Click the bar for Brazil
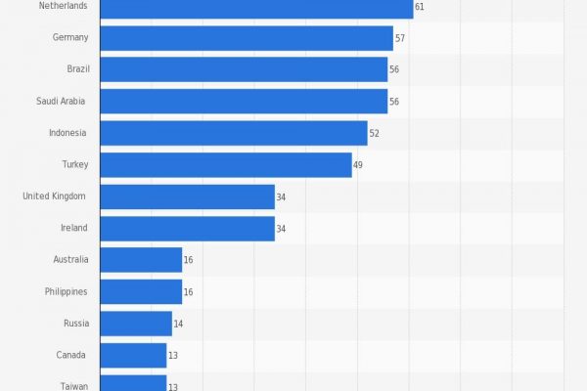(x=244, y=69)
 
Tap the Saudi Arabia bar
(x=244, y=101)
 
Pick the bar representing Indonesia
(x=234, y=133)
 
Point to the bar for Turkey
(x=226, y=164)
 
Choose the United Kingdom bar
(x=187, y=196)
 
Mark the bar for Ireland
(x=187, y=228)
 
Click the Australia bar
(x=141, y=260)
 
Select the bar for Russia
(x=136, y=324)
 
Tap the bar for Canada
(x=133, y=355)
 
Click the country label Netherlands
(x=63, y=6)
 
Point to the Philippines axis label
(x=66, y=291)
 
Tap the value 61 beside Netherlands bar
(x=420, y=7)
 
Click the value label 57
(x=400, y=38)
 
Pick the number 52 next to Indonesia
(x=375, y=133)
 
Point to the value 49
(x=358, y=165)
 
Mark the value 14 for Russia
(x=179, y=324)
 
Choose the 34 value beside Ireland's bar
(x=281, y=229)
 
